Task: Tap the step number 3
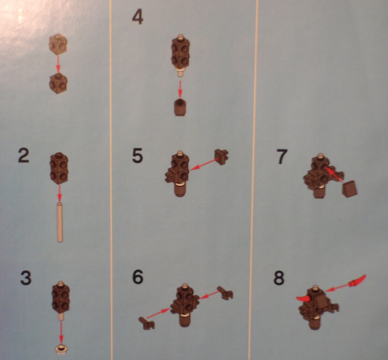25,278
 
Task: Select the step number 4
137,18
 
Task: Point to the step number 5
137,156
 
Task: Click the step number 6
137,277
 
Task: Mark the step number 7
281,157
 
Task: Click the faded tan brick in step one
58,44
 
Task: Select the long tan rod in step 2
60,222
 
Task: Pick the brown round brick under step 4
180,107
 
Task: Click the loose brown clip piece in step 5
221,157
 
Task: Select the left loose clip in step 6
146,323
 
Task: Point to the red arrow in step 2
59,192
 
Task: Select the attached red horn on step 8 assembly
303,299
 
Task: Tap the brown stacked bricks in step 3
61,298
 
